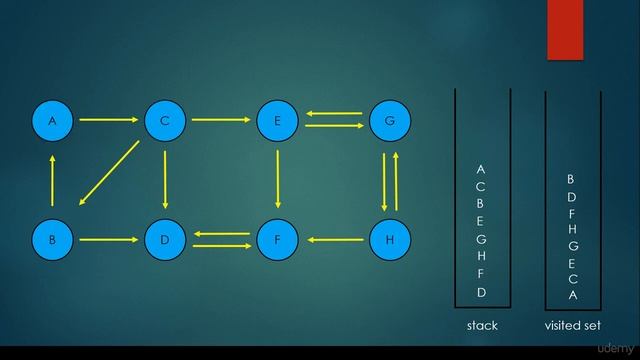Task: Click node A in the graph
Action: pos(52,121)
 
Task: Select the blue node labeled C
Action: pos(165,121)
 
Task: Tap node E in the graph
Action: pos(277,121)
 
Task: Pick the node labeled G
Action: pos(390,121)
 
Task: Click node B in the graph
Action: pos(52,240)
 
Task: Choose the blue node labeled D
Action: pos(165,240)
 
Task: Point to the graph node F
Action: pos(277,240)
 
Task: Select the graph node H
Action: pos(390,240)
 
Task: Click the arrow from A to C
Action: pos(108,121)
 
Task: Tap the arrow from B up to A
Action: pos(52,180)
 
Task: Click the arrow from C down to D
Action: pos(165,180)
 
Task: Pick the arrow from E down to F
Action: pos(277,180)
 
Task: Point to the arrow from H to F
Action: pos(333,240)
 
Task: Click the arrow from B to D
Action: pos(108,240)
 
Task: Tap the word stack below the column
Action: pos(482,326)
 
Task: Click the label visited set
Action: pos(572,326)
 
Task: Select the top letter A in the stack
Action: pos(481,169)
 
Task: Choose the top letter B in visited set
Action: pos(571,179)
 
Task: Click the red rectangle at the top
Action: pos(565,30)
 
